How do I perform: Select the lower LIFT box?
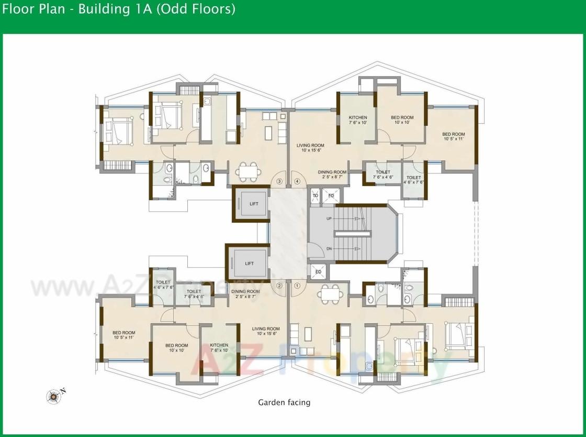pyautogui.click(x=249, y=263)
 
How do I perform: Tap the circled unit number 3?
pyautogui.click(x=279, y=182)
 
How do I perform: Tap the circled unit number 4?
pyautogui.click(x=297, y=182)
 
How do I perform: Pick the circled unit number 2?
pyautogui.click(x=279, y=286)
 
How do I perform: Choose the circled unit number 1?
pyautogui.click(x=297, y=286)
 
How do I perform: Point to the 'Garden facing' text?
pyautogui.click(x=284, y=402)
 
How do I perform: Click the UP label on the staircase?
pyautogui.click(x=329, y=218)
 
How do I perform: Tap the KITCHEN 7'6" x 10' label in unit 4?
pyautogui.click(x=358, y=120)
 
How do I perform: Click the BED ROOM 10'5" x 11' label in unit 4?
pyautogui.click(x=454, y=136)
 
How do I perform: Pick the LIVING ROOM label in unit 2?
pyautogui.click(x=265, y=331)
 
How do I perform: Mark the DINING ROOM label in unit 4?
pyautogui.click(x=332, y=174)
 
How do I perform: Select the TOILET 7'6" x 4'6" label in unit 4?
pyautogui.click(x=382, y=174)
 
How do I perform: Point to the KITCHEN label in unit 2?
pyautogui.click(x=219, y=348)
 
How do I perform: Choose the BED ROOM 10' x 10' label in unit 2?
pyautogui.click(x=176, y=348)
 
